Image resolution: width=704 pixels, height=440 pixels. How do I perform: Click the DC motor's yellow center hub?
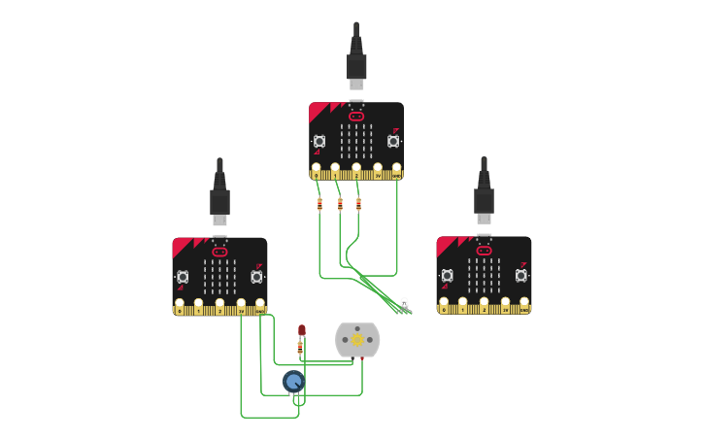[357, 340]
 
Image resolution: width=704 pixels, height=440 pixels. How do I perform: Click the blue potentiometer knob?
[293, 381]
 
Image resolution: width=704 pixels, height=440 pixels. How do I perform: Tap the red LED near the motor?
[302, 330]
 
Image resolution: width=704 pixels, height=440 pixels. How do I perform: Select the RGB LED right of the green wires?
[404, 303]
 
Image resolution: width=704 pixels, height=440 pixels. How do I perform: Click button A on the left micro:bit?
[183, 277]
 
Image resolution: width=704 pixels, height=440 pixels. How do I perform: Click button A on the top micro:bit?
[319, 142]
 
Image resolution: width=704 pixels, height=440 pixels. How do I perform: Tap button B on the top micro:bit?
[393, 142]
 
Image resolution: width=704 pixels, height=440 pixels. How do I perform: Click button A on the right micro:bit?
[447, 276]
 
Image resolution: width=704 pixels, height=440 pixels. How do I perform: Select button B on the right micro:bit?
[520, 276]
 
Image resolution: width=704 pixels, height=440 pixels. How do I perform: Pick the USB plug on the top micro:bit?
[356, 66]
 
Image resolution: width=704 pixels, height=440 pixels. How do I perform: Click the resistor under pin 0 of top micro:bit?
[319, 204]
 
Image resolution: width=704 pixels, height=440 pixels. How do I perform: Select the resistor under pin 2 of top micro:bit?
[358, 204]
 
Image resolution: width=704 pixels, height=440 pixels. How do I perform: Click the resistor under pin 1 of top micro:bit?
[340, 204]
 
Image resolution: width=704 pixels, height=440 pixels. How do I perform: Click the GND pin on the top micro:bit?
[396, 172]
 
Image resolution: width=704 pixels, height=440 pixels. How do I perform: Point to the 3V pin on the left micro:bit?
[241, 307]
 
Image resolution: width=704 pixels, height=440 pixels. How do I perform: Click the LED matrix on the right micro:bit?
[484, 276]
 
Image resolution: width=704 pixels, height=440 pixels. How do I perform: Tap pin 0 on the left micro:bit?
[180, 307]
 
